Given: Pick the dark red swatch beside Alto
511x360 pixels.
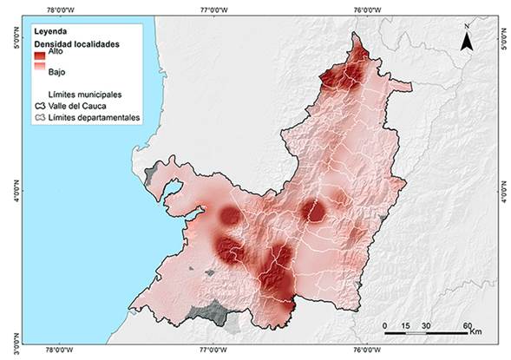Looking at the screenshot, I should coord(40,56).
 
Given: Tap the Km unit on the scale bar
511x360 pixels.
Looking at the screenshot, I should coord(476,331).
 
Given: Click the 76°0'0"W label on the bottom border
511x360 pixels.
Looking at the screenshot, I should coord(368,351).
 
